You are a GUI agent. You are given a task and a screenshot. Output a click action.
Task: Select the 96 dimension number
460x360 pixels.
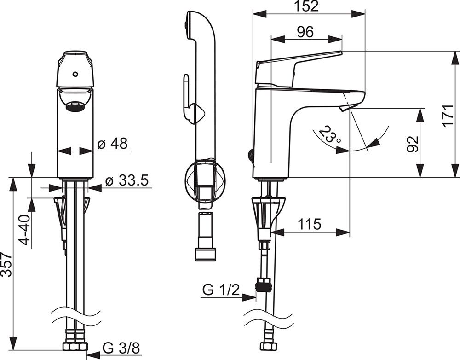(305, 32)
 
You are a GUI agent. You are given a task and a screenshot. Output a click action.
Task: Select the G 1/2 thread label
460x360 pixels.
(221, 290)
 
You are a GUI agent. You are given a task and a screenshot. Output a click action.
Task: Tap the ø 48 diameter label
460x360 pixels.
(113, 144)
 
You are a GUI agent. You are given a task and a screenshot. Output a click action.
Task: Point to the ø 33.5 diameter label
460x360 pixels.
(126, 181)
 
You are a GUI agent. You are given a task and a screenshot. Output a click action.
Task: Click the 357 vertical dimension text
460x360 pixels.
(6, 264)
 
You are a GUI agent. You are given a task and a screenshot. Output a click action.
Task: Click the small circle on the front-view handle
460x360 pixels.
(75, 74)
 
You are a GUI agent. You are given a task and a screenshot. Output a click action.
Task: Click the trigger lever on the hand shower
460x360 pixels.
(187, 97)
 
